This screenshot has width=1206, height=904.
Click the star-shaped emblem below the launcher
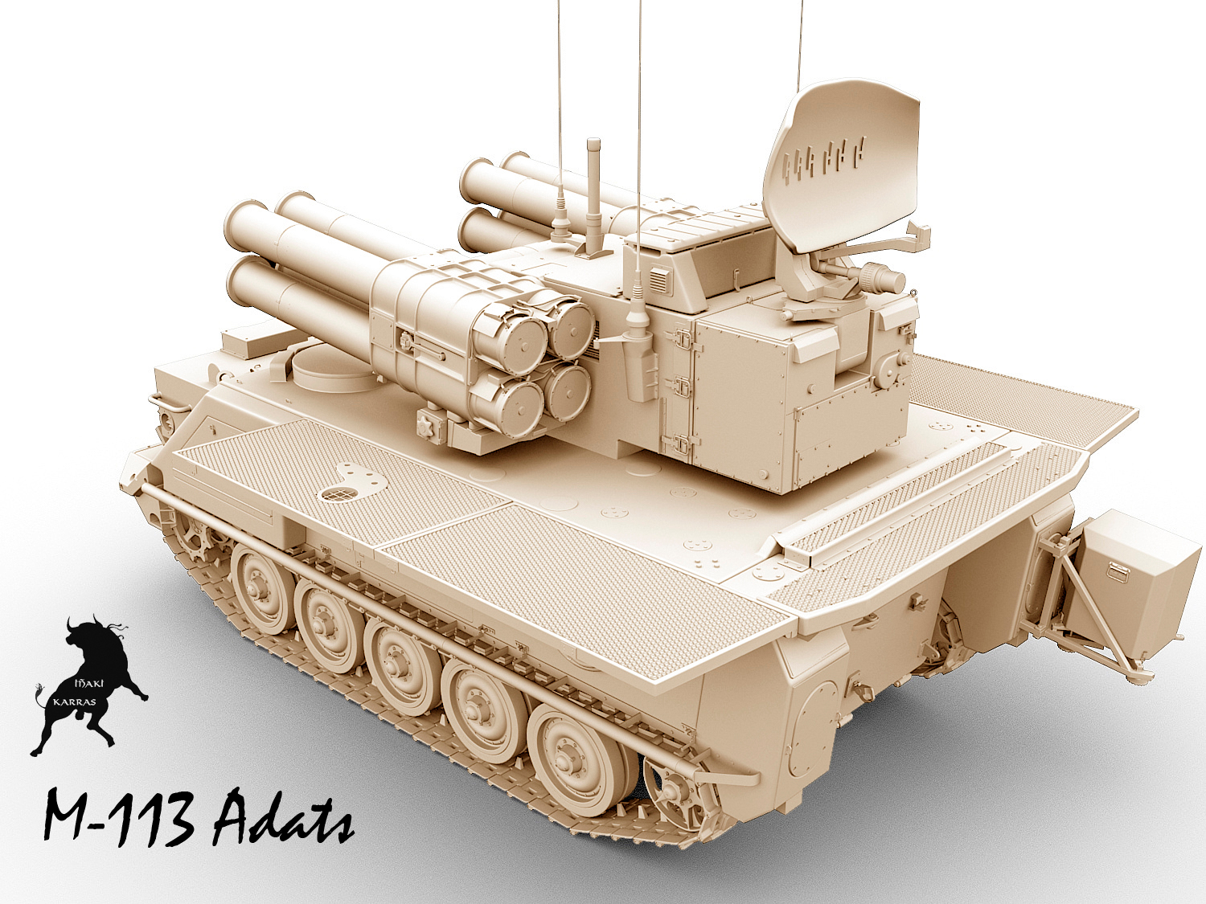pos(429,426)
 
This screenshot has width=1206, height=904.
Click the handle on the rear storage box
pos(1118,571)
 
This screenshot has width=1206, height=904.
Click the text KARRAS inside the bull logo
pos(74,701)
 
